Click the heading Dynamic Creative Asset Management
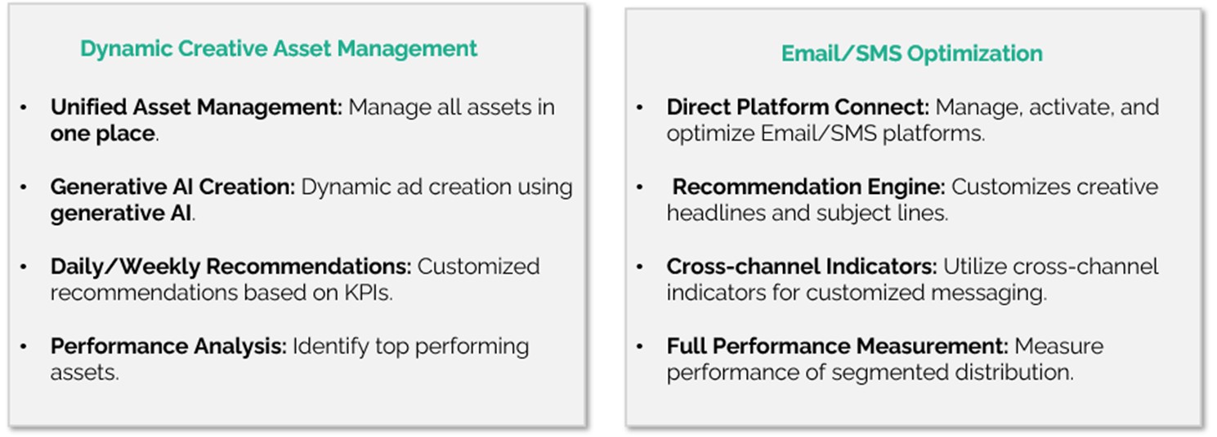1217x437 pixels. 278,48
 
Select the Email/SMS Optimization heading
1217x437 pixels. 911,53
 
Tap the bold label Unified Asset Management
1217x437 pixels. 196,107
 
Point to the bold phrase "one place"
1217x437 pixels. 103,133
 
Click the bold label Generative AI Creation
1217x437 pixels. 172,187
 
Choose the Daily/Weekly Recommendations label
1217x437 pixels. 230,267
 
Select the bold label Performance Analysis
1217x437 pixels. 168,346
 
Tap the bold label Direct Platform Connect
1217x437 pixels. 798,107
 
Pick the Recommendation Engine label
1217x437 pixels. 808,187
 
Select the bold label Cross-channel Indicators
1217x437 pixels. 802,267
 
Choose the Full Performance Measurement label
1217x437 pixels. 838,346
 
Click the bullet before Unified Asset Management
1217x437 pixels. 24,108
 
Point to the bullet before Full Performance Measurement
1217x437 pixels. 640,347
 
